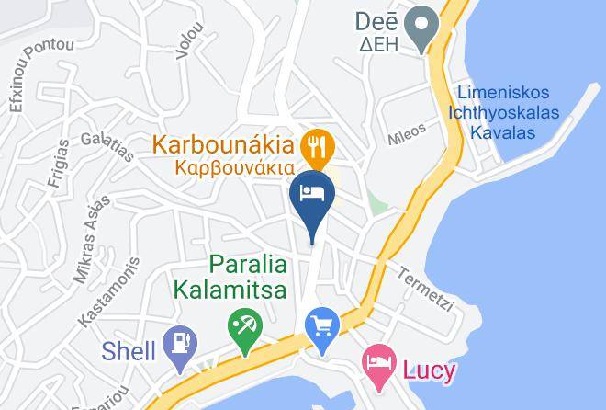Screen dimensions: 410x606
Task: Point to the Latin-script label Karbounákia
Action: pyautogui.click(x=223, y=145)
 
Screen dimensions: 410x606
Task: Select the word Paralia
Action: pyautogui.click(x=248, y=265)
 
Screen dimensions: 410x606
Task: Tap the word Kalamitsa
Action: pyautogui.click(x=230, y=290)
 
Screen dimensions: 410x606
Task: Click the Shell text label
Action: pyautogui.click(x=129, y=350)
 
